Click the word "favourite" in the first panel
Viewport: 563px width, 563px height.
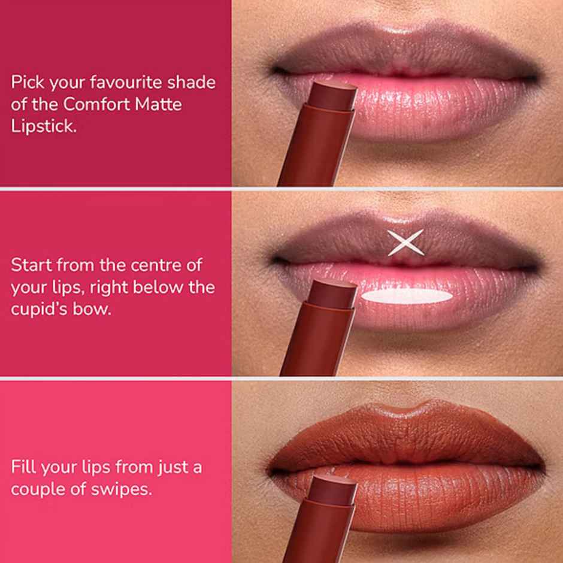point(111,83)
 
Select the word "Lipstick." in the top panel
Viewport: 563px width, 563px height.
point(43,126)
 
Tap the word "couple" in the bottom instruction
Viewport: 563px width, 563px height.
point(38,489)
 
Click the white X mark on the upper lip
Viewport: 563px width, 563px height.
point(405,243)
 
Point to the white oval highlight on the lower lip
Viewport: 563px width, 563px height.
point(408,296)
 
